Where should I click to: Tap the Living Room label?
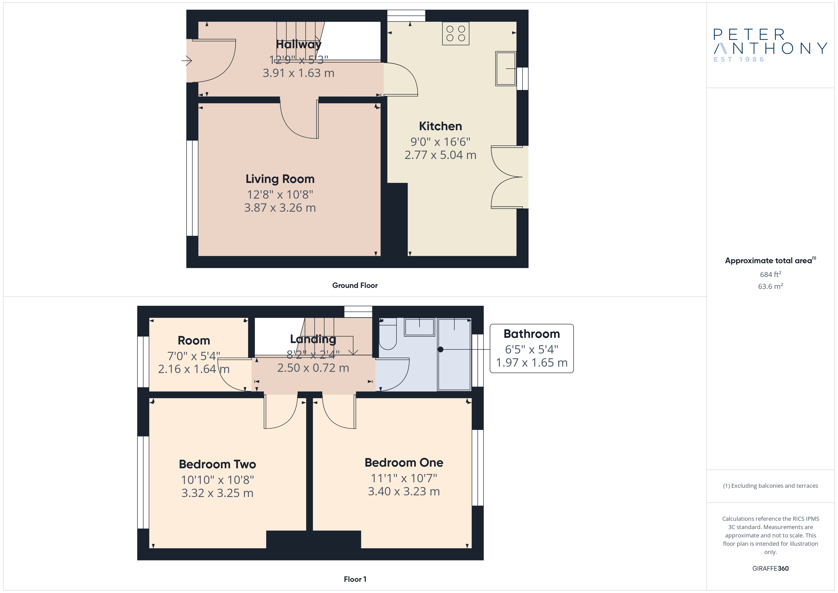(x=280, y=179)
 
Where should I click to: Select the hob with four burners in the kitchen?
(x=456, y=33)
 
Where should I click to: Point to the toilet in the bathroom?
(x=388, y=334)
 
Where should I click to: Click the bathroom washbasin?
(x=419, y=327)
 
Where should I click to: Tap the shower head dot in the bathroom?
(x=441, y=349)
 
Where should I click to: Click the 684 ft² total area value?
(x=771, y=274)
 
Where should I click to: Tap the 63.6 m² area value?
(x=771, y=286)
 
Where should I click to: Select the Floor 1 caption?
(x=355, y=579)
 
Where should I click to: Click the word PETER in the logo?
(x=749, y=35)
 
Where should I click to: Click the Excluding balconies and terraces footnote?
(x=771, y=486)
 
